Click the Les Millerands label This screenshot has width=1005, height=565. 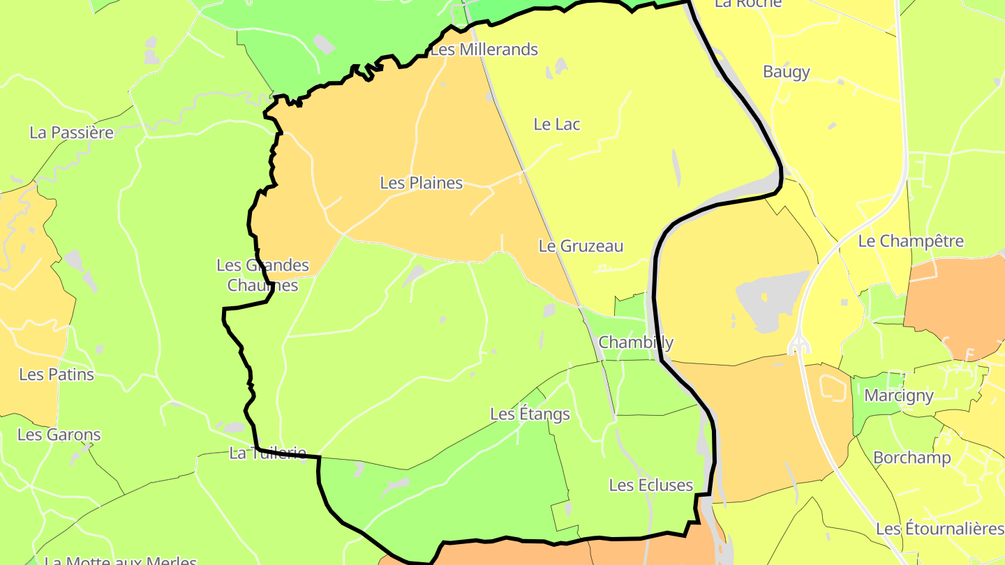[x=484, y=50]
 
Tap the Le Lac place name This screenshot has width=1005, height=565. [x=557, y=124]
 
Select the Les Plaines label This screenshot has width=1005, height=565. [x=421, y=183]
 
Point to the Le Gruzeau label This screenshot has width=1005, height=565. [x=581, y=246]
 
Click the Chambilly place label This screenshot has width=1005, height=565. [x=636, y=342]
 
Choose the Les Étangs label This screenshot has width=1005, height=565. [x=530, y=414]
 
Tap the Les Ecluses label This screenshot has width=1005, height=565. [x=651, y=485]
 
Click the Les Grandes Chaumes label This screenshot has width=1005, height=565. [x=262, y=275]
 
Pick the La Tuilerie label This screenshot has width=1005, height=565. [x=267, y=453]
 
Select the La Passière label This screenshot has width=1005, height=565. [x=71, y=133]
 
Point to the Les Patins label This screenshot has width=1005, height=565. [x=57, y=375]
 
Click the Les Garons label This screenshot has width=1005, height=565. [x=59, y=435]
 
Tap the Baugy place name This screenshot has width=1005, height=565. [x=787, y=72]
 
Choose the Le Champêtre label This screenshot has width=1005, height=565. [x=911, y=241]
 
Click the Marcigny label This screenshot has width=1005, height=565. [x=899, y=395]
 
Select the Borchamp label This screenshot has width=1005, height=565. [x=912, y=458]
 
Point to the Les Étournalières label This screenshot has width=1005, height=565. [x=939, y=529]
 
